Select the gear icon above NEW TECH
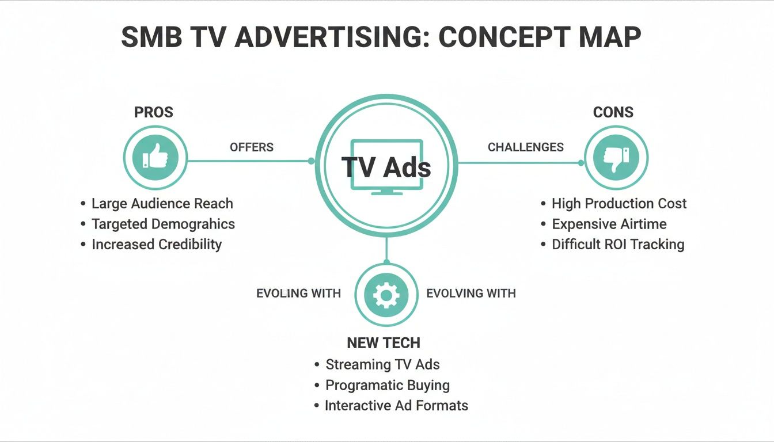[386, 295]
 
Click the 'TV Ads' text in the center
[386, 167]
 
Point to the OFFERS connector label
[252, 147]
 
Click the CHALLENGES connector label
[525, 147]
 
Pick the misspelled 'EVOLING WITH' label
[298, 294]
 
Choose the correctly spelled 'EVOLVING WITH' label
[471, 294]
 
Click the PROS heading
[154, 112]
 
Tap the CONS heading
[613, 112]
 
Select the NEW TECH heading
[384, 343]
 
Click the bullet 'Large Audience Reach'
[162, 204]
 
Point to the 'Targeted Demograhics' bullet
[163, 224]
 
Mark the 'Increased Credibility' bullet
[157, 244]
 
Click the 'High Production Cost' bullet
[619, 204]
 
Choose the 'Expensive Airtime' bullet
[609, 224]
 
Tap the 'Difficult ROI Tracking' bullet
[618, 245]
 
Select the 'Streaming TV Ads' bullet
[382, 365]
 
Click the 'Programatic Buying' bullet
[388, 385]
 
